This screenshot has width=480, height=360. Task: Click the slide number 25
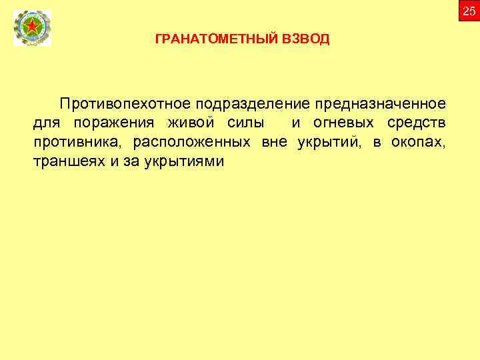[x=469, y=10]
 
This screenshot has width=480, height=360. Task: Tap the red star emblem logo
[x=31, y=29]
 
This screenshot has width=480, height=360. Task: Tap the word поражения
[x=113, y=123]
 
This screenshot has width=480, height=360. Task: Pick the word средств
[x=417, y=123]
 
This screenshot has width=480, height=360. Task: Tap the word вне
[x=274, y=143]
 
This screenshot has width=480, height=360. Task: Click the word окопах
[x=421, y=143]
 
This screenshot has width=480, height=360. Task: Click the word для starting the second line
[x=45, y=123]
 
